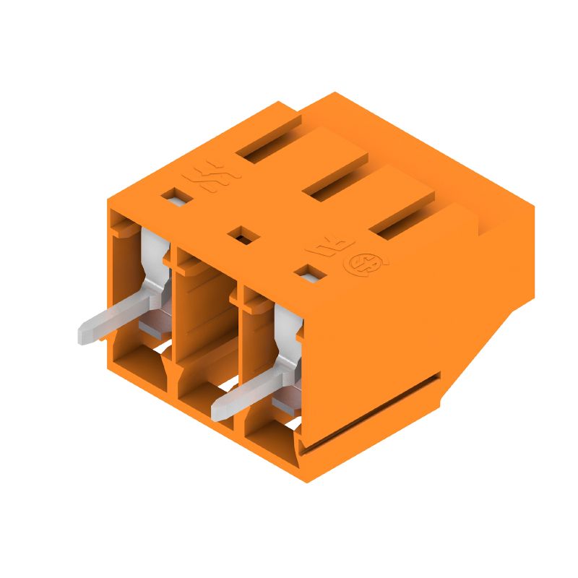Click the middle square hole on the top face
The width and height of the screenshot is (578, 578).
click(x=240, y=234)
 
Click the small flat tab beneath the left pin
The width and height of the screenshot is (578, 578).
click(x=152, y=329)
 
